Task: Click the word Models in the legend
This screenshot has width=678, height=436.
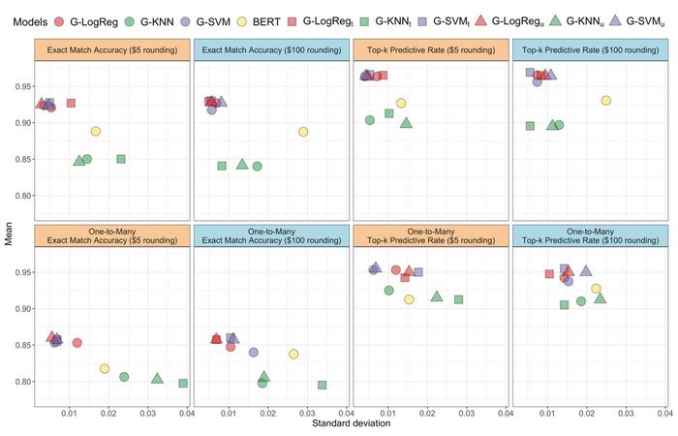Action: point(27,20)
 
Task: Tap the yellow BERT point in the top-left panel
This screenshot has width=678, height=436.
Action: point(95,132)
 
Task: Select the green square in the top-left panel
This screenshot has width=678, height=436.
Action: point(121,159)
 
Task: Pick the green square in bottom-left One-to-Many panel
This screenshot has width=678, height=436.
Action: point(183,384)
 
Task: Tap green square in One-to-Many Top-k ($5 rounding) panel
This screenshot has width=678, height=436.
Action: point(458,299)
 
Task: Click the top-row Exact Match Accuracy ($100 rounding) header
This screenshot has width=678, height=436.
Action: point(273,48)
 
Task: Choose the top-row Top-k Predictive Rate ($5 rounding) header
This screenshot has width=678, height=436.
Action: point(432,48)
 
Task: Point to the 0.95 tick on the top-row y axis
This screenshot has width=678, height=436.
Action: point(22,86)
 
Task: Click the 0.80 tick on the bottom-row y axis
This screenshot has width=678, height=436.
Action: point(22,382)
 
